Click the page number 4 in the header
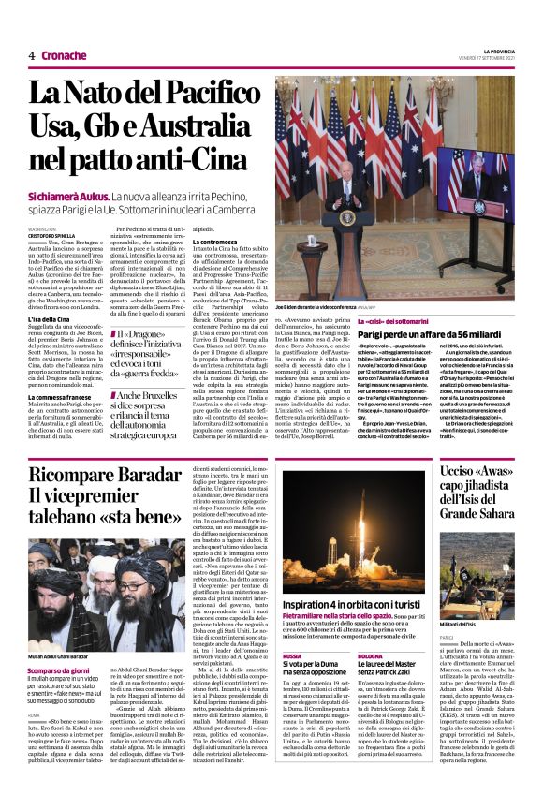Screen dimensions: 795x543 click(32, 55)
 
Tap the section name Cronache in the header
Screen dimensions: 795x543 click(64, 55)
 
